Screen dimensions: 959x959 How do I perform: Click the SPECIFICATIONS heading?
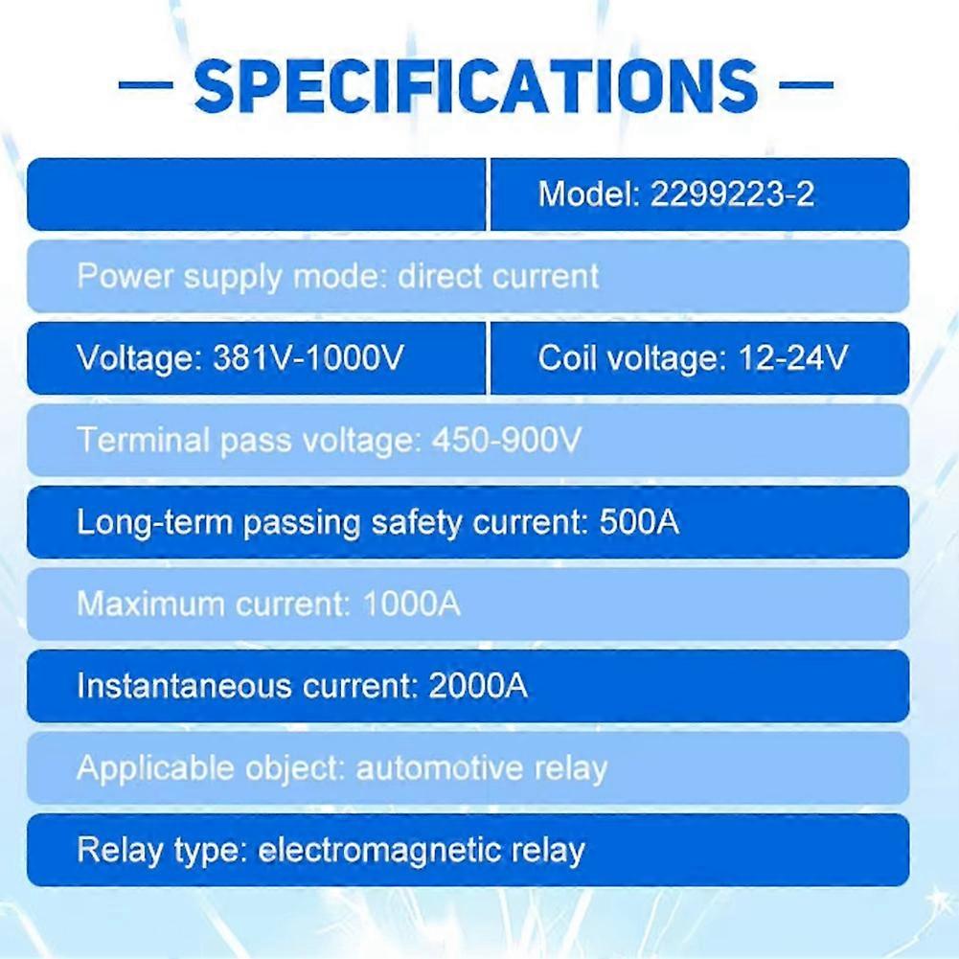tap(476, 86)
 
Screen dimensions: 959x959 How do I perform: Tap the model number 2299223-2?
tap(732, 194)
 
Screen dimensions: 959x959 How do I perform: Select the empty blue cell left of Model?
tap(256, 194)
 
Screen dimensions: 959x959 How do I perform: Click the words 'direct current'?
tap(498, 277)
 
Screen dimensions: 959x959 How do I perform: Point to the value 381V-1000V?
tap(308, 357)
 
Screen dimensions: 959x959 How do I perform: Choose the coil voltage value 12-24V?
tap(793, 357)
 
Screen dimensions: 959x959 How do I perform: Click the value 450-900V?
tap(507, 440)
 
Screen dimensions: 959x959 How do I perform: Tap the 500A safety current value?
tap(639, 522)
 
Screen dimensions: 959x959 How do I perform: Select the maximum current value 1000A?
tap(411, 605)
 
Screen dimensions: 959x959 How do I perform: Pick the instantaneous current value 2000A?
tap(478, 686)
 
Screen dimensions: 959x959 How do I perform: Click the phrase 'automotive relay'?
tap(481, 768)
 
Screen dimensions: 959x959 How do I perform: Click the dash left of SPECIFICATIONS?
tap(146, 84)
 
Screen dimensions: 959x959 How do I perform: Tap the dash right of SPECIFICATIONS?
tap(806, 84)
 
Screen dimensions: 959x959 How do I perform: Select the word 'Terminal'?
tap(143, 440)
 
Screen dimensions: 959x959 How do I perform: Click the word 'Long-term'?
tap(155, 522)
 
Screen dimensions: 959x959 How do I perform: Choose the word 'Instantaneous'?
tap(184, 686)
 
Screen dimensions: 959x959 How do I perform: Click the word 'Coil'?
tap(567, 357)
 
